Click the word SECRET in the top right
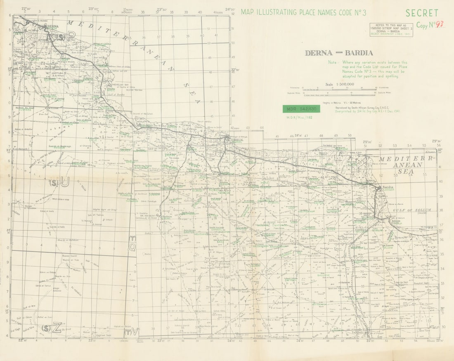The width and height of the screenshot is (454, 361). pos(422,13)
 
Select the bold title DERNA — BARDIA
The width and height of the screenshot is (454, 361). pos(338,53)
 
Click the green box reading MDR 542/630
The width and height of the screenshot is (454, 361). pos(301,109)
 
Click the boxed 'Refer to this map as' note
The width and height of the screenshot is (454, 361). pos(391,30)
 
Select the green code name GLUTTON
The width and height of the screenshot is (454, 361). pos(50,80)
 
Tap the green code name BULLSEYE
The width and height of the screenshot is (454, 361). pos(324,275)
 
